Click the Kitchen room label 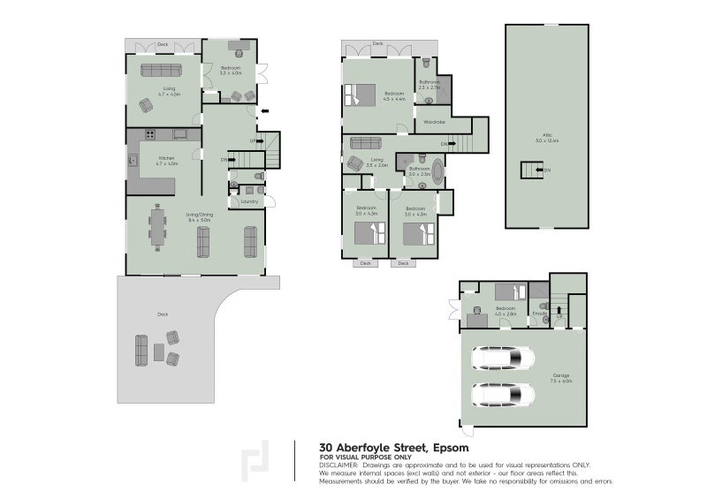[x=166, y=159]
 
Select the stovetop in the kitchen [x=149, y=135]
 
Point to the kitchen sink [x=133, y=161]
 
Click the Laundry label [x=249, y=201]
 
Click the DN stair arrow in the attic [x=532, y=170]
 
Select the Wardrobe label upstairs [x=433, y=122]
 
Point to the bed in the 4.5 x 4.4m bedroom [x=362, y=91]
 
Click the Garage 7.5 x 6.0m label [x=561, y=378]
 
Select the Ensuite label [x=540, y=313]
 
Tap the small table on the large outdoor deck [x=158, y=352]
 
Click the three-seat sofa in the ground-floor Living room [x=160, y=71]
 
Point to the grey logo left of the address [x=257, y=460]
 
